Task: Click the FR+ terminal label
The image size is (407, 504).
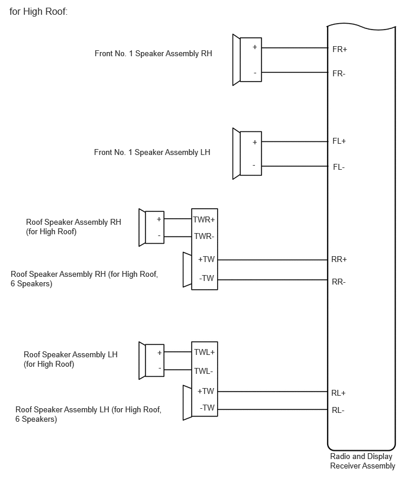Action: pyautogui.click(x=340, y=49)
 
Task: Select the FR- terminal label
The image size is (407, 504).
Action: pyautogui.click(x=339, y=73)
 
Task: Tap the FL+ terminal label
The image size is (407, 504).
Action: pyautogui.click(x=339, y=141)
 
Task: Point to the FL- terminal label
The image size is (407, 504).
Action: pyautogui.click(x=339, y=167)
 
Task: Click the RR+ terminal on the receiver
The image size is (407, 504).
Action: pyautogui.click(x=339, y=259)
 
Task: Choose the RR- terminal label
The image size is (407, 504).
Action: pyautogui.click(x=339, y=282)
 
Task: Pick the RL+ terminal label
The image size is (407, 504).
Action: pyautogui.click(x=338, y=393)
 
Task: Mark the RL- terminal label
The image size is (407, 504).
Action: pyautogui.click(x=338, y=411)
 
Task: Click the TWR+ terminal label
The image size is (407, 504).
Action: pyautogui.click(x=204, y=220)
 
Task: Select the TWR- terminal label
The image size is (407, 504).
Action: pyautogui.click(x=204, y=237)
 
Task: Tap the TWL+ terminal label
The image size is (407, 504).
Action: pyautogui.click(x=205, y=353)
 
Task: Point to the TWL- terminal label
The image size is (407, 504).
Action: pyautogui.click(x=204, y=371)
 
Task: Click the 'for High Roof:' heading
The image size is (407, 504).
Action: pyautogui.click(x=38, y=12)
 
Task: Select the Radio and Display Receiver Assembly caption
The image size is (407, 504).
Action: pyautogui.click(x=363, y=461)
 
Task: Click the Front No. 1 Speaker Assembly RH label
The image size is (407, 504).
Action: pyautogui.click(x=153, y=54)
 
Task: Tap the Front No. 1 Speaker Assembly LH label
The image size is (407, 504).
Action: pyautogui.click(x=152, y=153)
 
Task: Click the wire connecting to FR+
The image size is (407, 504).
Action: pyautogui.click(x=295, y=48)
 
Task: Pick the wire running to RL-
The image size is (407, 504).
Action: pyautogui.click(x=273, y=409)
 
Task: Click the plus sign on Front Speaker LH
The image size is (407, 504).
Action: pyautogui.click(x=254, y=142)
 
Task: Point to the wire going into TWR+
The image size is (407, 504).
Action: pyautogui.click(x=178, y=219)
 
